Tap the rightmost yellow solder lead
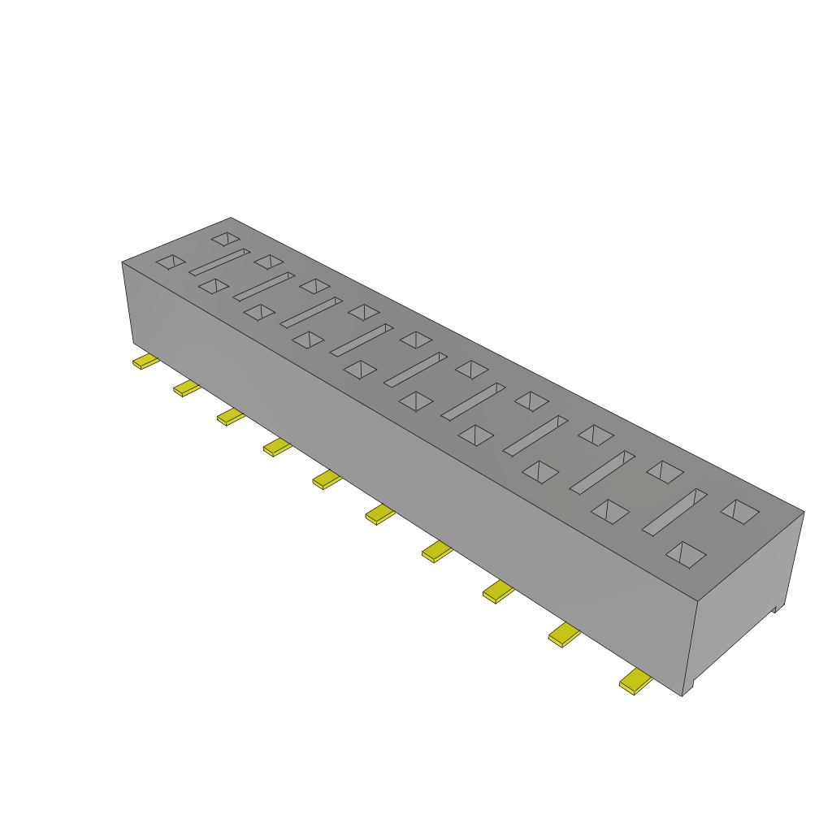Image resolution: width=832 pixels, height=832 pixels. pos(635,682)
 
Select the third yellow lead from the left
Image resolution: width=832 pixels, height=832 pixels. pos(231,417)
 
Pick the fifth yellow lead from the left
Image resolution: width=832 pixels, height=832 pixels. pos(327,479)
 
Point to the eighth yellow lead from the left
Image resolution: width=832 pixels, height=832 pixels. pos(499,591)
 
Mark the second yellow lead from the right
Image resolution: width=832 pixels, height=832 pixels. pos(565,635)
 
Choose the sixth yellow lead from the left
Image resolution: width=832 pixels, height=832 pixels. pos(379,513)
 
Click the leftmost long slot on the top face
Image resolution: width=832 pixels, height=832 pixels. pos(220,262)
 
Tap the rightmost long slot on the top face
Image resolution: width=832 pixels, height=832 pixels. pos(674,512)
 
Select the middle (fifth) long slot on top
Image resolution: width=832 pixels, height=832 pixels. pos(416,369)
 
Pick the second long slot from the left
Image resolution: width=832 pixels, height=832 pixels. pos(264,286)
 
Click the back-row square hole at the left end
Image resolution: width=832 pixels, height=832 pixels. pos(226,239)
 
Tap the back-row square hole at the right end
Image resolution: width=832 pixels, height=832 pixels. pos(739,510)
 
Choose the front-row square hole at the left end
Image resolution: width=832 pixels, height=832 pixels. pos(171,261)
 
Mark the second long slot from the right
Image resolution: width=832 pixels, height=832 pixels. pos(602,471)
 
